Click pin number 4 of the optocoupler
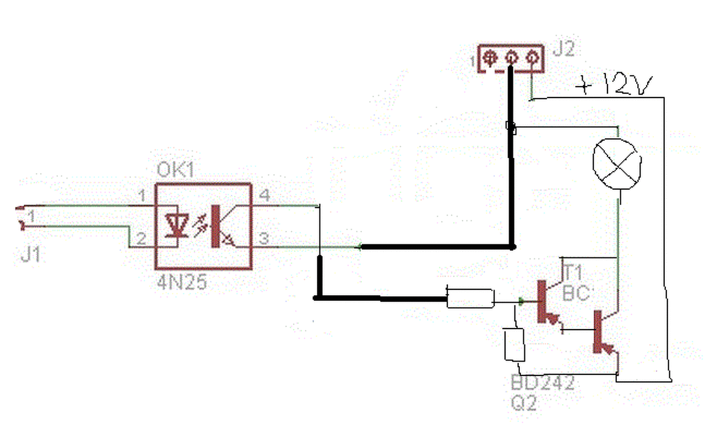point(265,195)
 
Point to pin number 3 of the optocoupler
point(265,239)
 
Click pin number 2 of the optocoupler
point(141,239)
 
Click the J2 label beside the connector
point(563,50)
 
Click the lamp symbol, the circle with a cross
point(617,162)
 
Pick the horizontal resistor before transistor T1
point(470,298)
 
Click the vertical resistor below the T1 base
point(514,345)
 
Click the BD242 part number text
point(543,383)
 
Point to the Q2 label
point(523,404)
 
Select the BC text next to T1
point(576,293)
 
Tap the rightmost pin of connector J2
point(532,57)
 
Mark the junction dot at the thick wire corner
point(512,246)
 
